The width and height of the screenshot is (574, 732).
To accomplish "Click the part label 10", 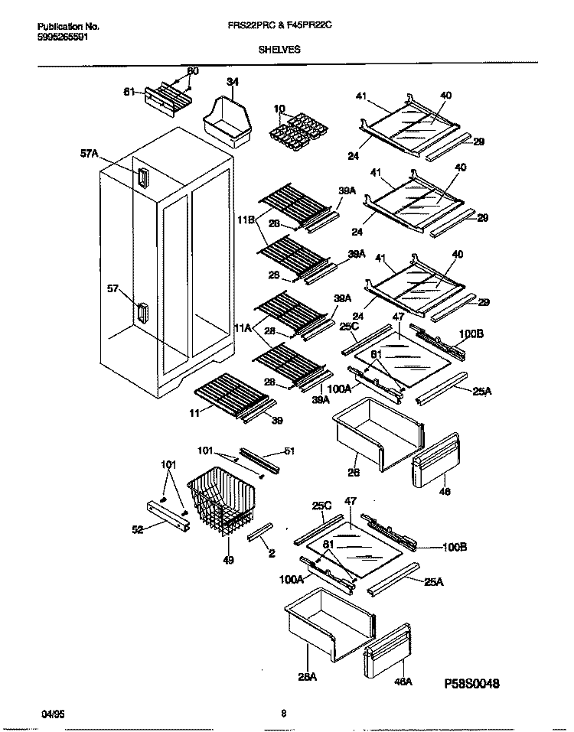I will tap(279, 109).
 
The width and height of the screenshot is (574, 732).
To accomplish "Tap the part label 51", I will tap(289, 451).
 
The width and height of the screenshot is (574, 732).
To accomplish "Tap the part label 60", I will tap(193, 71).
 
